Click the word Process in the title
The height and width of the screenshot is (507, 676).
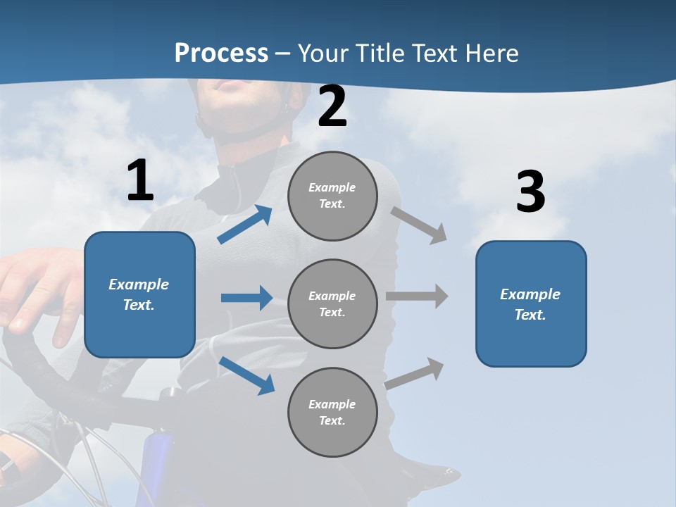tap(221, 54)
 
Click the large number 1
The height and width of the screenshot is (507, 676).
tap(139, 181)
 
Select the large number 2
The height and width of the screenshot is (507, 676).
tap(332, 107)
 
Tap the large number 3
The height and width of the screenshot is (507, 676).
tap(530, 192)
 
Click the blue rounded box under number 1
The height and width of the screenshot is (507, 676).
tap(139, 294)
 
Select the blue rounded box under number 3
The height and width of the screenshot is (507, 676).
tap(531, 303)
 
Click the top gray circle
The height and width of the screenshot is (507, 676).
tap(332, 196)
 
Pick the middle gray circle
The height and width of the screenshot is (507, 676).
tap(332, 303)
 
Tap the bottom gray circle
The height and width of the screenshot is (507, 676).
tap(332, 412)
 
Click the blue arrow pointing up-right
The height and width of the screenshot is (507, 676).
tap(245, 225)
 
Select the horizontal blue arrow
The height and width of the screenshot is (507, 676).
tap(246, 298)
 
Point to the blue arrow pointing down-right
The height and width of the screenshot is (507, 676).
tap(246, 375)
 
